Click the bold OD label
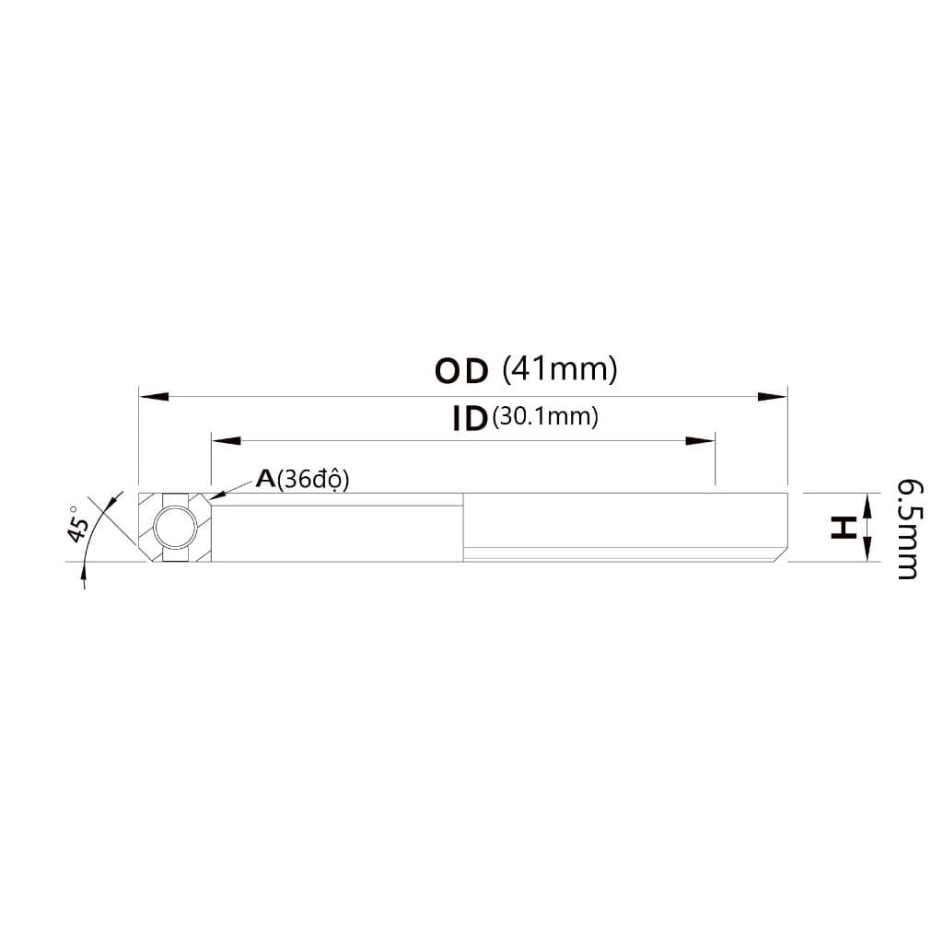[x=461, y=371]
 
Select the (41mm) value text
[x=560, y=368]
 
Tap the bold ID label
[x=469, y=419]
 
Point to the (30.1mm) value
[x=545, y=416]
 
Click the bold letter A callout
[x=265, y=479]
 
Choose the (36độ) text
[x=313, y=480]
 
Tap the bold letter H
[x=843, y=528]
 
